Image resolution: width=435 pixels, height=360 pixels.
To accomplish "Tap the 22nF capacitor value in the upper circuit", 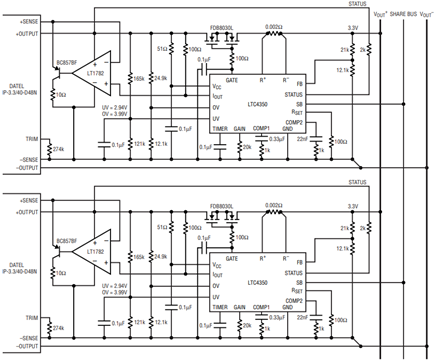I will [300, 141].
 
